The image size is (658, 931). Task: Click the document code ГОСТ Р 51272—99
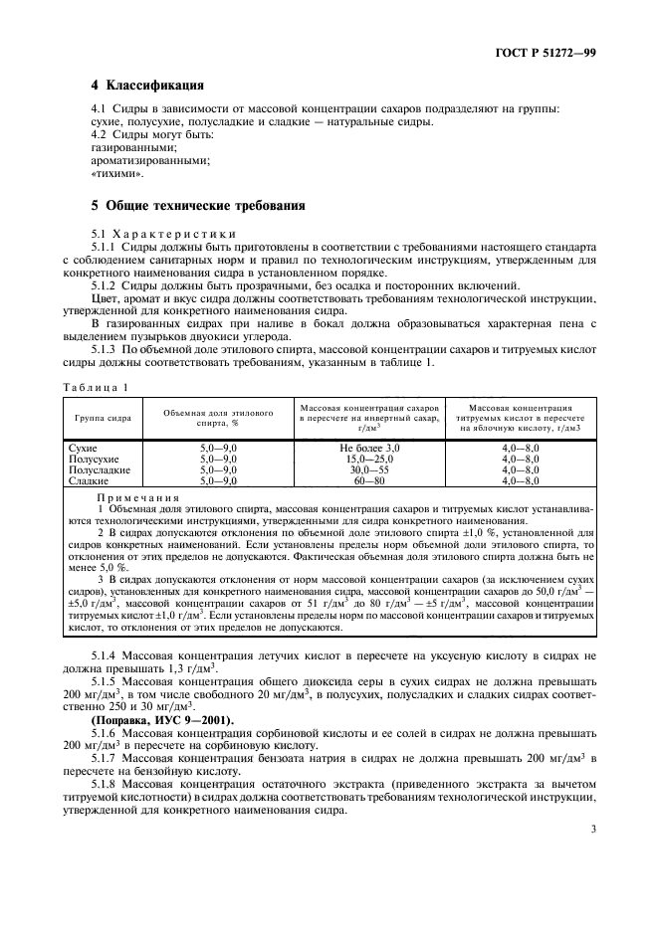click(x=552, y=52)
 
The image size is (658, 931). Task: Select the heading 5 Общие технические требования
click(x=197, y=206)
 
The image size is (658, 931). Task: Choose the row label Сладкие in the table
click(x=88, y=480)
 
